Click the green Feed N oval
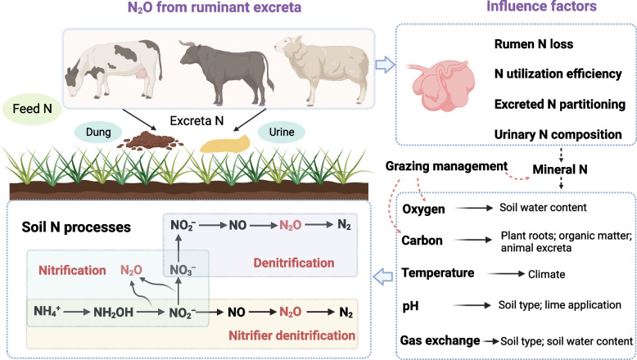(32, 109)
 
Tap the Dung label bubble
(98, 132)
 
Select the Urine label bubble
(282, 132)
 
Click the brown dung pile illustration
(150, 141)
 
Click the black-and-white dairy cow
(114, 69)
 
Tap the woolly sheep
(322, 69)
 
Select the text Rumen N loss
(534, 44)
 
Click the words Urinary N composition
(558, 134)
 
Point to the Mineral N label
(560, 169)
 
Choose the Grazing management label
(446, 166)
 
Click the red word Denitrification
(294, 263)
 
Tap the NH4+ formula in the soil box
(47, 311)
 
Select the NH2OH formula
(113, 312)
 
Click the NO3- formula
(183, 270)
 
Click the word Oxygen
(423, 209)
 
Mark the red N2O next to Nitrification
(131, 270)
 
